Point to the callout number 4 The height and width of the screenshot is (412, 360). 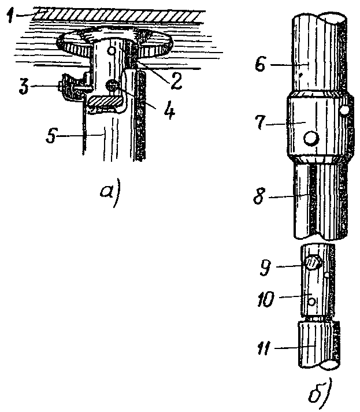tap(169, 111)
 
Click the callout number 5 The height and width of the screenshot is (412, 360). tap(51, 136)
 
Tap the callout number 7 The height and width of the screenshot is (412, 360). tap(261, 123)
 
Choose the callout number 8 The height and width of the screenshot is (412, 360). tap(259, 196)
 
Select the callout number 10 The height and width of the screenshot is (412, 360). tap(266, 299)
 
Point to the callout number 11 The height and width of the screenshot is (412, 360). tap(263, 348)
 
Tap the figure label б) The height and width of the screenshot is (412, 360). tap(320, 394)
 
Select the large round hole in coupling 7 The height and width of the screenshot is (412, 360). tap(311, 138)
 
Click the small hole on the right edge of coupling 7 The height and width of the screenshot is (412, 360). tap(344, 110)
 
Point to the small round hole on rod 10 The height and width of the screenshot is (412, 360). tap(311, 302)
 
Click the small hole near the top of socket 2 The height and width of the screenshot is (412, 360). tap(112, 50)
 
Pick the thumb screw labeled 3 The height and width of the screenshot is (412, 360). tap(71, 87)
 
